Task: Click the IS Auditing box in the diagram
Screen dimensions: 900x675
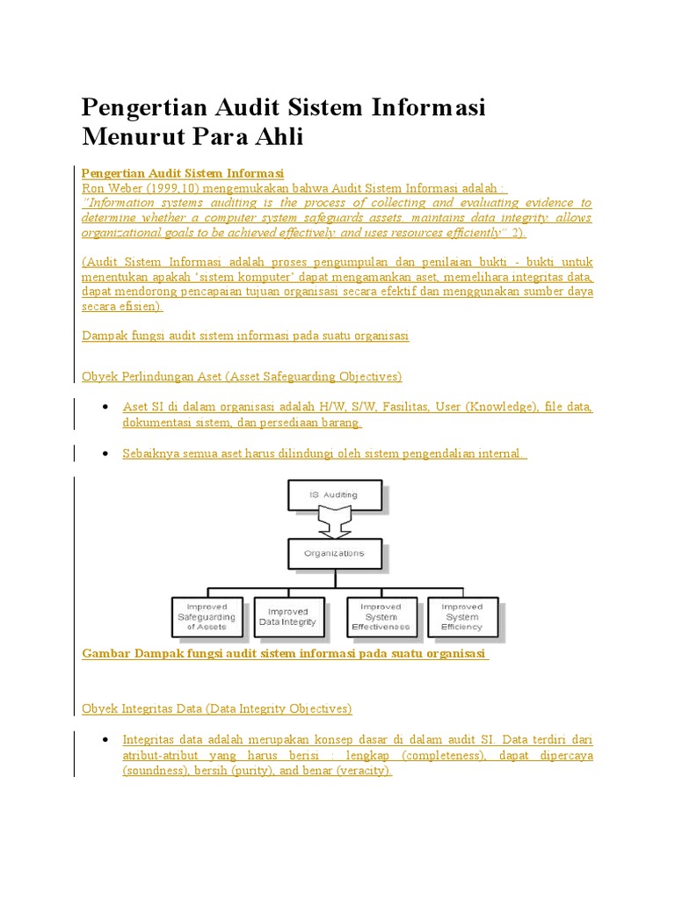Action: pyautogui.click(x=334, y=495)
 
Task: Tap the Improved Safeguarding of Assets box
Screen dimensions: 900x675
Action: pyautogui.click(x=207, y=616)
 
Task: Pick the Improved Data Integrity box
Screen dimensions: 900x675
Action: pyautogui.click(x=288, y=616)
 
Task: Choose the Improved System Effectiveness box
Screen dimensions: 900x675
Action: pyautogui.click(x=381, y=616)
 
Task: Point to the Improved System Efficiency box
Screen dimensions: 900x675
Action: pyautogui.click(x=462, y=616)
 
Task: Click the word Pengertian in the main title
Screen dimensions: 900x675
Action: pyautogui.click(x=141, y=107)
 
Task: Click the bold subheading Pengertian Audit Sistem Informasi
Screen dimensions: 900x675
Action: pyautogui.click(x=183, y=173)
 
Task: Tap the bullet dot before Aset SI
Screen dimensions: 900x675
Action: pyautogui.click(x=105, y=407)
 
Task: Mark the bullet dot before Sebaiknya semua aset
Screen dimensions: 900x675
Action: pyautogui.click(x=105, y=454)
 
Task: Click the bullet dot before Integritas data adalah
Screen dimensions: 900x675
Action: pyautogui.click(x=105, y=739)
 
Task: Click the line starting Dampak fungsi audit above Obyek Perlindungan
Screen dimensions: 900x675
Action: pyautogui.click(x=244, y=336)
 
